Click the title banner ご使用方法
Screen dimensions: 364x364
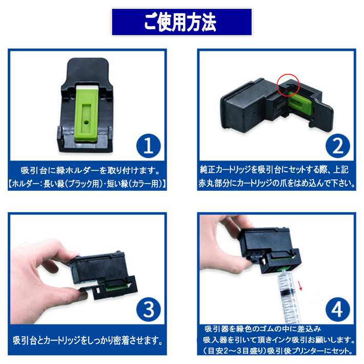tap(181, 21)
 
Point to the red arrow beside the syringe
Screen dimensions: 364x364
tap(301, 282)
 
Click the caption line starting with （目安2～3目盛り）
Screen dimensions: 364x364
tap(277, 352)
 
